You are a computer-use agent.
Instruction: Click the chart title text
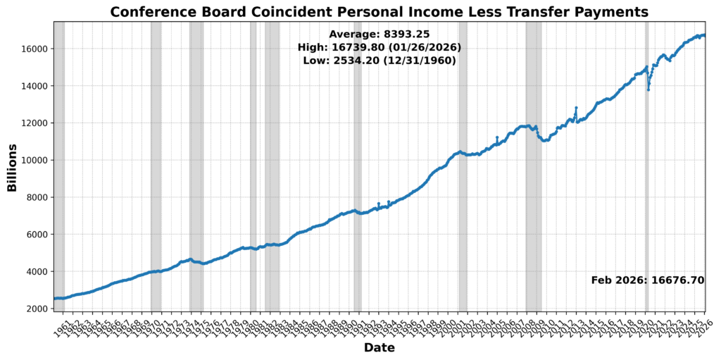point(379,11)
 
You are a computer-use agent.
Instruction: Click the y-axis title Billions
point(12,167)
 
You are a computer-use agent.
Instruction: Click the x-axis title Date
point(379,348)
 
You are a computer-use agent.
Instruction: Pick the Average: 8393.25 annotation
point(379,34)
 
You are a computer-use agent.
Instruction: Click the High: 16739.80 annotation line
point(379,47)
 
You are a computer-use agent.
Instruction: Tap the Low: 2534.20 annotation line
point(379,61)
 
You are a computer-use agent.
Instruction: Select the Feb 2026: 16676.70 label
point(647,280)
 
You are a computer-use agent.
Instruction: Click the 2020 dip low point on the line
point(648,89)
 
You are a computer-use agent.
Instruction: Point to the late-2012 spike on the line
point(576,108)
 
